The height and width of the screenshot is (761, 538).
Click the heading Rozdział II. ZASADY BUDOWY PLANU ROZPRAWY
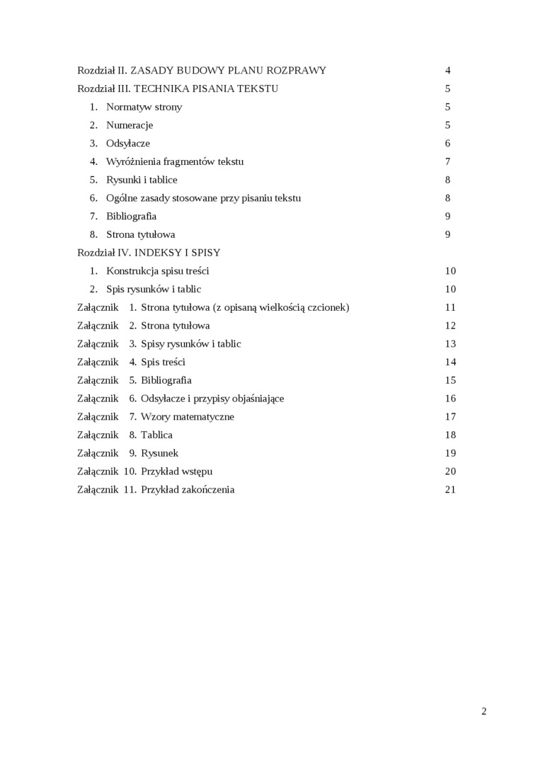(202, 71)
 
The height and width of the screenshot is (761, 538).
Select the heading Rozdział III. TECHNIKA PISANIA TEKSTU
(178, 89)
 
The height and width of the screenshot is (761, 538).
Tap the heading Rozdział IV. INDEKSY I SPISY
(149, 253)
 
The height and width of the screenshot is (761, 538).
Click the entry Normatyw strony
(144, 108)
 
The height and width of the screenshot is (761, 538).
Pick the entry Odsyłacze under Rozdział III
(128, 144)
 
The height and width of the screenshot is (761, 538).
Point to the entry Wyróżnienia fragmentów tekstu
(175, 162)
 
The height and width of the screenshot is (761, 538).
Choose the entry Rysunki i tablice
(142, 180)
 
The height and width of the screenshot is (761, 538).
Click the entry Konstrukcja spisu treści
(157, 271)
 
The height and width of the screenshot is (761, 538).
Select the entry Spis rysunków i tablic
(154, 290)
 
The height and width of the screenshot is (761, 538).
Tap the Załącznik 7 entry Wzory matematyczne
(187, 417)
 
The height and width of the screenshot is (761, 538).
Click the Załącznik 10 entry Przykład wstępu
(176, 471)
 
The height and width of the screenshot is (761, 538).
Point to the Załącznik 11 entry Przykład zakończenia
(188, 490)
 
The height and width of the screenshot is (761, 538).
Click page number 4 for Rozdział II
(448, 71)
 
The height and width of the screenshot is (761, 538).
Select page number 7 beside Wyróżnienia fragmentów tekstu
(448, 162)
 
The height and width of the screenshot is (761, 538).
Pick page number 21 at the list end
(450, 490)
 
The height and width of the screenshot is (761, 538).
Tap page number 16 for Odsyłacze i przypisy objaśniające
(450, 399)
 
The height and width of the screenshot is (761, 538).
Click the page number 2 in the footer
(484, 711)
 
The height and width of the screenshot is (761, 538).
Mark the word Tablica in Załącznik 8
(156, 435)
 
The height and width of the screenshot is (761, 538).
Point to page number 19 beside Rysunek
(450, 453)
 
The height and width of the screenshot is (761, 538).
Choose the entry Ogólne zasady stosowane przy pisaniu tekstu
(203, 198)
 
